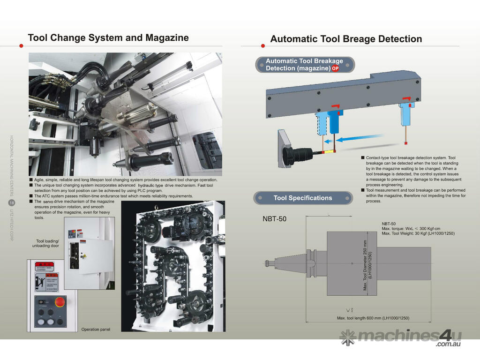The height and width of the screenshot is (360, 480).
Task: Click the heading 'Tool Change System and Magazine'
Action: pyautogui.click(x=108, y=37)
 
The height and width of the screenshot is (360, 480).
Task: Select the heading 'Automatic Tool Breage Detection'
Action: pyautogui.click(x=346, y=39)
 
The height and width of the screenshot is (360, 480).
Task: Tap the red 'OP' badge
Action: pyautogui.click(x=335, y=68)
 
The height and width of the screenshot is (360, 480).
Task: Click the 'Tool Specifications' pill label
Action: pyautogui.click(x=302, y=198)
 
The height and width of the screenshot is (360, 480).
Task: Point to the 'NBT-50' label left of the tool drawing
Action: pyautogui.click(x=274, y=219)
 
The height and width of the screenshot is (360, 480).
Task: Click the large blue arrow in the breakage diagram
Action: pyautogui.click(x=358, y=139)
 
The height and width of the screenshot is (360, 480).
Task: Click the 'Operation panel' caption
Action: pyautogui.click(x=96, y=330)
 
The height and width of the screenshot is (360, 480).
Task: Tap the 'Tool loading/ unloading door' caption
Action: pyautogui.click(x=45, y=243)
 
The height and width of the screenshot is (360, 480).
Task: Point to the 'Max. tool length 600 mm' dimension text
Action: pyautogui.click(x=373, y=318)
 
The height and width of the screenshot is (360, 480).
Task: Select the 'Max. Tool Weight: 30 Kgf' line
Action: pyautogui.click(x=418, y=233)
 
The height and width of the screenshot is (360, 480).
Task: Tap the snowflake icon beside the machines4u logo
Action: pyautogui.click(x=348, y=336)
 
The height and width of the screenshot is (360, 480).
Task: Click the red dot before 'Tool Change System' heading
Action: pyautogui.click(x=22, y=45)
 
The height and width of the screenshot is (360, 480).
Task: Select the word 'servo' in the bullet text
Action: pyautogui.click(x=49, y=201)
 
